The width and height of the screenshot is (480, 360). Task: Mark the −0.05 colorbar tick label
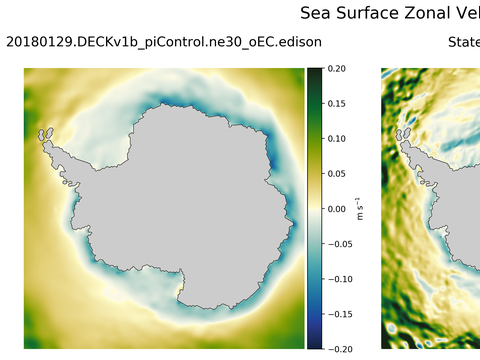tap(338, 244)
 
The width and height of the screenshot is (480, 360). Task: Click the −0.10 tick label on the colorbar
tap(338, 279)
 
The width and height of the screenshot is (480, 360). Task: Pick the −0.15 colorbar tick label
tap(338, 314)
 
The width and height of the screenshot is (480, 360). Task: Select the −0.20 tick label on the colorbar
tap(338, 348)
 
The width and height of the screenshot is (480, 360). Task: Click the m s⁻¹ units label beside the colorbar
tap(360, 209)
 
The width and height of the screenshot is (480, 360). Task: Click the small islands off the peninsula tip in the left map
tap(44, 133)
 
